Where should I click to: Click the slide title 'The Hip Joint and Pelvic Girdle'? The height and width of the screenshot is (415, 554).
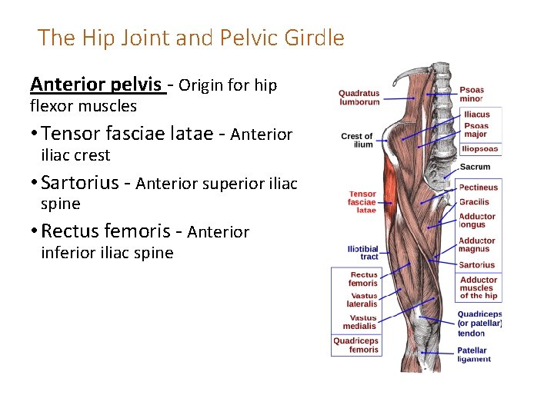point(191,38)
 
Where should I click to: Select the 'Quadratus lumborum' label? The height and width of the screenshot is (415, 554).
point(359,98)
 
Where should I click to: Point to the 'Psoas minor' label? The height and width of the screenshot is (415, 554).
point(472,94)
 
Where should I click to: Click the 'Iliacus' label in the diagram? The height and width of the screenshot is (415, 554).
point(476,115)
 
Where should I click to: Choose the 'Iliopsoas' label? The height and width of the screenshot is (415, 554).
point(479,149)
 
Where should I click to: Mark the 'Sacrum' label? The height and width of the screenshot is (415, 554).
point(475,167)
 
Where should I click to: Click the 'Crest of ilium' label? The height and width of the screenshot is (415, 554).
point(357,140)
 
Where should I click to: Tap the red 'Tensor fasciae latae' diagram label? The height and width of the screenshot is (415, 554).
point(362,201)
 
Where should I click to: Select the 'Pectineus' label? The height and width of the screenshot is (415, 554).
point(479,187)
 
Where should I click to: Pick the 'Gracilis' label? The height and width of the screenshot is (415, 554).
point(474,202)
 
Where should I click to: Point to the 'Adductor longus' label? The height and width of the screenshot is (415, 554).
point(477,221)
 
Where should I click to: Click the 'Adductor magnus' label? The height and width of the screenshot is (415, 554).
point(477,244)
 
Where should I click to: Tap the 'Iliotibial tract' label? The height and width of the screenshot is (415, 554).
point(362,252)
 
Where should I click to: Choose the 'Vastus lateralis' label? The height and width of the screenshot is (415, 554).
point(362,300)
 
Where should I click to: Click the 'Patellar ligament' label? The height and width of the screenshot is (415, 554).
point(474,354)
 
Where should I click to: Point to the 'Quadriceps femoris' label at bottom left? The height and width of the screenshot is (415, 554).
point(356,345)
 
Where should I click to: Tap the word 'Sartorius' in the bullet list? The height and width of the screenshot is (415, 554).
point(80,183)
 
